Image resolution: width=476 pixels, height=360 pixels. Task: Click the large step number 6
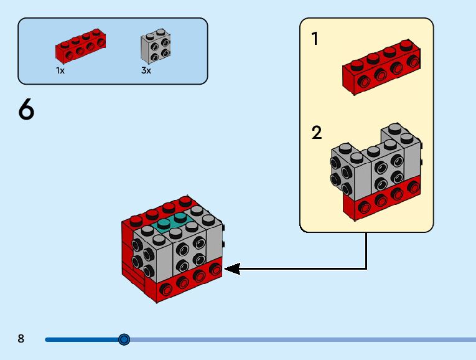coord(26,110)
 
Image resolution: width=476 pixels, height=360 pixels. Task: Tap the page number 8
coord(21,338)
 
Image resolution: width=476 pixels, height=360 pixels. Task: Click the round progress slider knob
coord(124,339)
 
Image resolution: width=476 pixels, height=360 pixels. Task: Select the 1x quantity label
coord(60,70)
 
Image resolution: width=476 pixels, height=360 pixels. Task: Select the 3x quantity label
coord(146,70)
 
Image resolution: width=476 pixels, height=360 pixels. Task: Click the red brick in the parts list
coord(80,45)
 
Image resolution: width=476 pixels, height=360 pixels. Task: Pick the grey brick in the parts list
coord(156,46)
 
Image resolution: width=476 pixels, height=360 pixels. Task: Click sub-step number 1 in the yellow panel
coord(315,39)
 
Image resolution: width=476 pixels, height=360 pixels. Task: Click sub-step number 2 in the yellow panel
coord(316,133)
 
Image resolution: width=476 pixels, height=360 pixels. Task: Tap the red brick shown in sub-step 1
coord(381,67)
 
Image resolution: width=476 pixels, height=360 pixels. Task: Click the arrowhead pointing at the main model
coord(233,269)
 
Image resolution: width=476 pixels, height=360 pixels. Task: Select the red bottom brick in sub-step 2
coord(382,197)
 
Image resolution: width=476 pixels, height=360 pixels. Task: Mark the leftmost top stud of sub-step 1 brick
coord(357,64)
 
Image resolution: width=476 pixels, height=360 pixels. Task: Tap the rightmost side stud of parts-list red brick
coord(100,43)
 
